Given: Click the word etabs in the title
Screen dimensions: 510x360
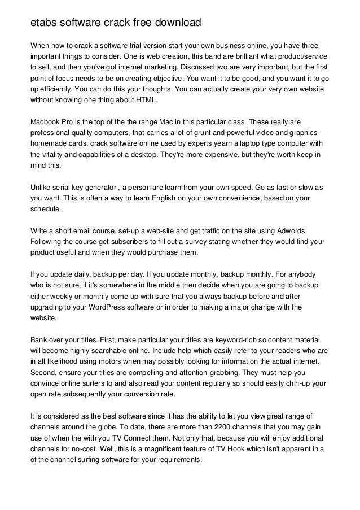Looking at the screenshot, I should click(x=44, y=24).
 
